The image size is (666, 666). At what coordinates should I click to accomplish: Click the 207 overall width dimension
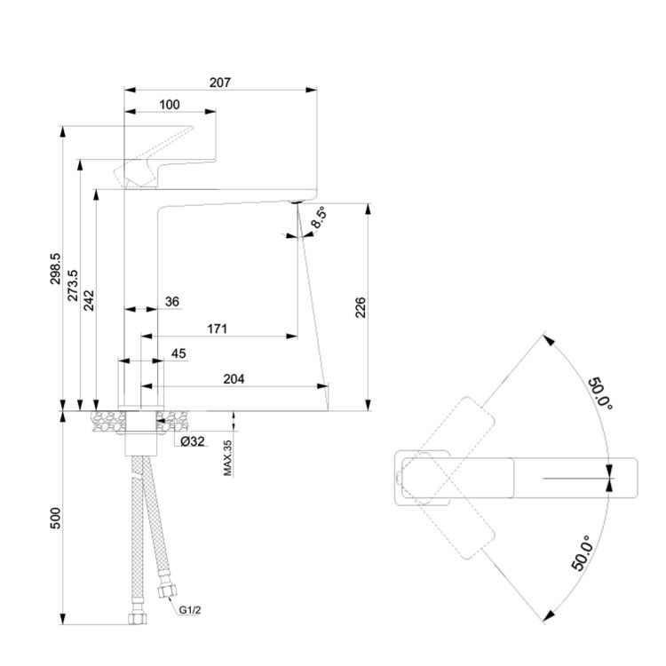(220, 83)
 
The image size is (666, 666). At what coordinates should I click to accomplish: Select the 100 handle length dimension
(169, 105)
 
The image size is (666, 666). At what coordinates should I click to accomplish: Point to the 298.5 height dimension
(55, 268)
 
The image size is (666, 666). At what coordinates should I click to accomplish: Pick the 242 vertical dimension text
(89, 299)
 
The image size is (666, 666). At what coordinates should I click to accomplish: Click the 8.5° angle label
(319, 218)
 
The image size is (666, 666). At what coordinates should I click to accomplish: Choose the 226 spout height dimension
(361, 306)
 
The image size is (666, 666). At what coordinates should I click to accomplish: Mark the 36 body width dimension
(171, 302)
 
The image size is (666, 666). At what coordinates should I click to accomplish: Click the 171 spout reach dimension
(218, 329)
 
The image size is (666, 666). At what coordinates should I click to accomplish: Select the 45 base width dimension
(178, 353)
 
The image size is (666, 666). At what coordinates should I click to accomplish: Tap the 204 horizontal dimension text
(233, 378)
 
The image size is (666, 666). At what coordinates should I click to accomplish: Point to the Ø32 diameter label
(193, 441)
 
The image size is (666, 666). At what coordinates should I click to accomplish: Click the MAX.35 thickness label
(227, 457)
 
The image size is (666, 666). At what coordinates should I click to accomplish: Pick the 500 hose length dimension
(55, 518)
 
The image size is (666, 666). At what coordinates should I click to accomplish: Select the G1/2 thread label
(190, 610)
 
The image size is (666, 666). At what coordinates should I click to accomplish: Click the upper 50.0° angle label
(599, 392)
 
